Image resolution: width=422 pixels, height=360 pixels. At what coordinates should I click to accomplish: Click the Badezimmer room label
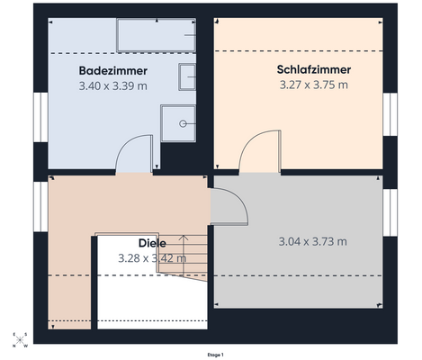[112, 70]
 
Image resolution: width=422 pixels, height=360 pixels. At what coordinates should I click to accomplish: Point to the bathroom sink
[187, 78]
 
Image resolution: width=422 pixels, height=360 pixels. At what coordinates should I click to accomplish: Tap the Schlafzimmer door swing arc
[262, 149]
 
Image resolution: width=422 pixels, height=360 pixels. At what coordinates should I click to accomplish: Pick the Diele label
[151, 243]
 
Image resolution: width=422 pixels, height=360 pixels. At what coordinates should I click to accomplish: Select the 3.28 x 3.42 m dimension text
[151, 258]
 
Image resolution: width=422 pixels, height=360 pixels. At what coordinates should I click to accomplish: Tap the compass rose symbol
[19, 340]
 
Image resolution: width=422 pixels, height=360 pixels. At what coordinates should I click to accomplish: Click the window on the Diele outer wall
[39, 204]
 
